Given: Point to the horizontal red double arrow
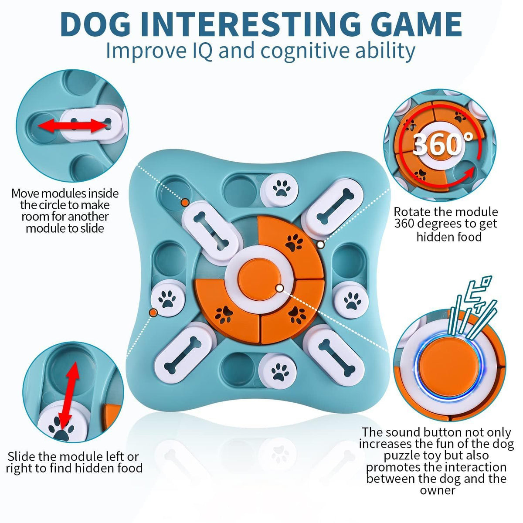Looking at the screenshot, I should coord(72,126).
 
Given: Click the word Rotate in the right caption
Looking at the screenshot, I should coord(414,212).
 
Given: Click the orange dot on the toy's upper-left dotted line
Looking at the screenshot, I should coord(185,202).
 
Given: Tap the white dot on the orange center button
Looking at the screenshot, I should coord(279,288).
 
